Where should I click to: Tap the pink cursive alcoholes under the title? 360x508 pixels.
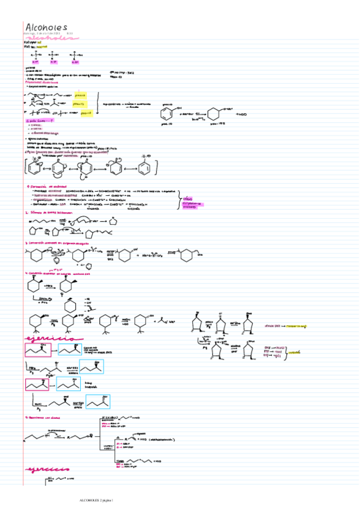click(x=51, y=37)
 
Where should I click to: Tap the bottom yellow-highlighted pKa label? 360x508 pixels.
click(x=86, y=112)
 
